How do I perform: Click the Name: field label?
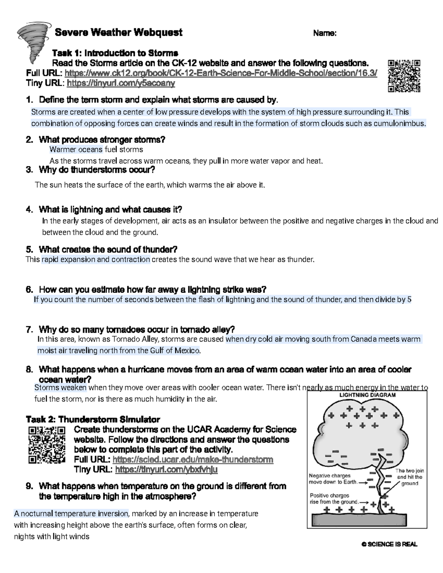324,33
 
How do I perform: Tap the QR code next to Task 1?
404,76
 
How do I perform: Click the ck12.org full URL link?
221,73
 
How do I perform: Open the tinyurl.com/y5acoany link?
121,83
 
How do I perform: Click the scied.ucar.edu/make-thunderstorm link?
193,459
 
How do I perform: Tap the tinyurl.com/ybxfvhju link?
166,469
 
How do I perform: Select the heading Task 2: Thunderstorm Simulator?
93,419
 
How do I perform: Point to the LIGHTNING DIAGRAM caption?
367,395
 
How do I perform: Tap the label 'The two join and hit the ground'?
409,477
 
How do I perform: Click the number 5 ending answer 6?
409,300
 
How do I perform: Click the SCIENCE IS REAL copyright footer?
389,545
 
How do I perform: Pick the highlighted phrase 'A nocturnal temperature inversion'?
71,514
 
